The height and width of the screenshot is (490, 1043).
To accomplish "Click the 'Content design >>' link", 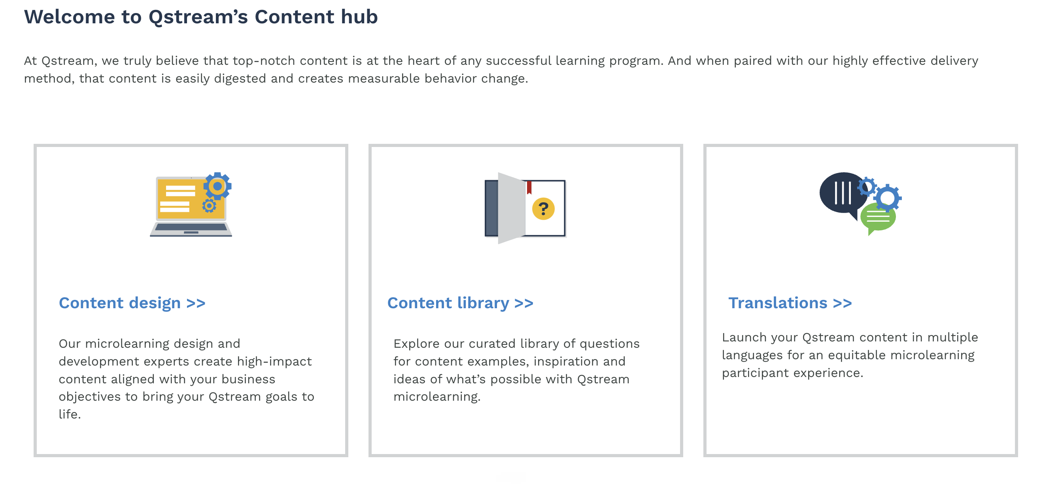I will click(x=132, y=303).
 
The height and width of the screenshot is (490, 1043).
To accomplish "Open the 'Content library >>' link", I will click(x=460, y=303).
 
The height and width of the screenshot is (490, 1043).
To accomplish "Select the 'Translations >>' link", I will click(x=790, y=303).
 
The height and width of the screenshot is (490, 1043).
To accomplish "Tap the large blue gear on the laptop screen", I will click(x=217, y=186).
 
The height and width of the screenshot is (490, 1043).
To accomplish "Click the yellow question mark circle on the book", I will click(x=543, y=209).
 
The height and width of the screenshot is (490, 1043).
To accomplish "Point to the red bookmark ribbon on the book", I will click(x=529, y=187).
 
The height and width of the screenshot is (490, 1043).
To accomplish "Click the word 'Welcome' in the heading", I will click(x=69, y=17).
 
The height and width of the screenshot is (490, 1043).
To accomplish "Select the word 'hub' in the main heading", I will click(x=359, y=17).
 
